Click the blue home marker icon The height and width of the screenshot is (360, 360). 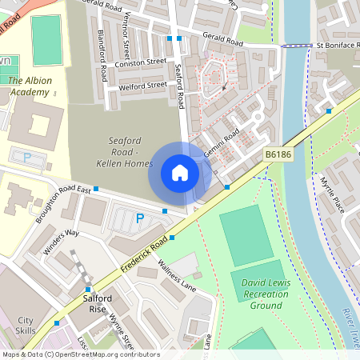click(x=180, y=172)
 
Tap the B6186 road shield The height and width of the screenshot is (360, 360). click(x=278, y=153)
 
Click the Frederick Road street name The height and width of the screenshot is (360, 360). click(x=146, y=252)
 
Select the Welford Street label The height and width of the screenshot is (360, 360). click(x=142, y=82)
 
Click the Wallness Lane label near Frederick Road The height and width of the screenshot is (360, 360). click(x=177, y=274)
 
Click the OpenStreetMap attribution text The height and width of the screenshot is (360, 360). click(x=80, y=354)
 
